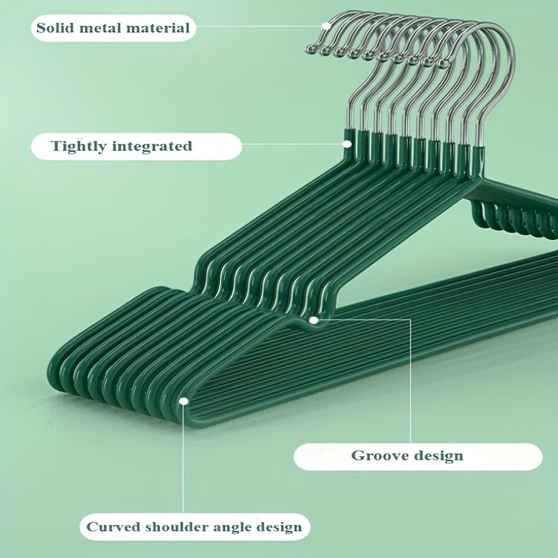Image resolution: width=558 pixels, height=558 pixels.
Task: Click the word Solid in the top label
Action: click(x=54, y=29)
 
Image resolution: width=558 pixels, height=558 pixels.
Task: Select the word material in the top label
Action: click(x=158, y=29)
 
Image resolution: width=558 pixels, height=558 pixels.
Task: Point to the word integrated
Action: click(x=155, y=146)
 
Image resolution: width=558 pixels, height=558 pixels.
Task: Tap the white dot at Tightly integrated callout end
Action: click(x=347, y=143)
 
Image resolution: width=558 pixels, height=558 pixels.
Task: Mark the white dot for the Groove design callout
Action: click(x=314, y=320)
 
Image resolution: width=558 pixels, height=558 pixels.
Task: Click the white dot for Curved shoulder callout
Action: click(x=183, y=401)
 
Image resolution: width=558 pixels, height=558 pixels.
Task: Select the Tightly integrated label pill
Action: click(x=136, y=146)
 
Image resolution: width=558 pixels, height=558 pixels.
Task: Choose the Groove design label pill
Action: click(x=417, y=456)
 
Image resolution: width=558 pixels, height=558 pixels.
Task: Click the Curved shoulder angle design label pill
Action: click(x=193, y=527)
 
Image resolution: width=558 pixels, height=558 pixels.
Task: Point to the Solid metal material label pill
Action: click(x=113, y=29)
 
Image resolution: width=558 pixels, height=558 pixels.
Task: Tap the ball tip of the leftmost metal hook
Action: click(x=311, y=50)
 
